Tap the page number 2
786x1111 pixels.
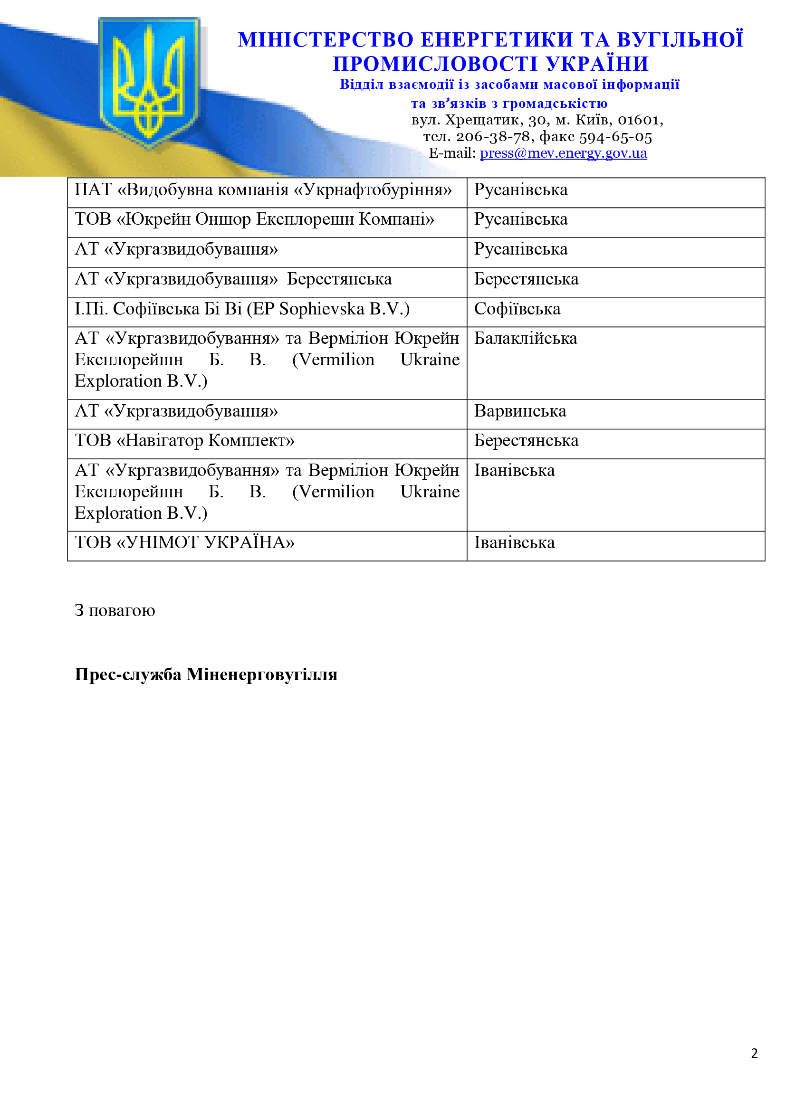(754, 1054)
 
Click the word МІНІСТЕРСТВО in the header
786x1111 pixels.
(325, 40)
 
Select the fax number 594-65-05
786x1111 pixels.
(615, 137)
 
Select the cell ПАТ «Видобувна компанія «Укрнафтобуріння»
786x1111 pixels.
(263, 190)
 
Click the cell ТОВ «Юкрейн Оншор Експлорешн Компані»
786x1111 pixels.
(255, 219)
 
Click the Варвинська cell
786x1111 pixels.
(520, 411)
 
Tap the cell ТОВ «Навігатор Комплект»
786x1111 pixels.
(184, 440)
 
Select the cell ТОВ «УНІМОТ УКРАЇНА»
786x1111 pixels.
(184, 542)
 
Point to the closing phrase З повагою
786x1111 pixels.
(115, 611)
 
